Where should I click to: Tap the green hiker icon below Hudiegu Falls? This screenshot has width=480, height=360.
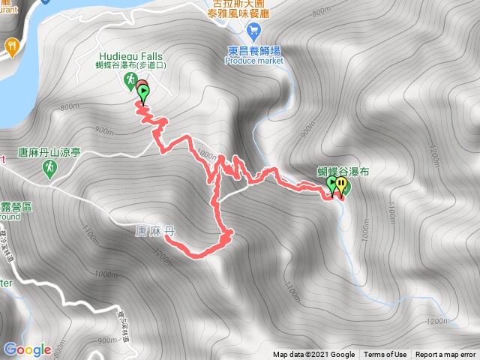[x=130, y=79]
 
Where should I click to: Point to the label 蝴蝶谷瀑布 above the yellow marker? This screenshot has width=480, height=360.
[x=343, y=171]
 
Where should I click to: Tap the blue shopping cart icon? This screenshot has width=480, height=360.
[x=253, y=31]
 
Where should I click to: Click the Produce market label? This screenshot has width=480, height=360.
[x=253, y=62]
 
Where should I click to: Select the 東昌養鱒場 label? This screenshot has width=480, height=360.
[x=253, y=51]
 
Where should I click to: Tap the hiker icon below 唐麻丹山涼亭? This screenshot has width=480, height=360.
[x=49, y=170]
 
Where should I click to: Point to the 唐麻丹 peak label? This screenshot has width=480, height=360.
[x=155, y=231]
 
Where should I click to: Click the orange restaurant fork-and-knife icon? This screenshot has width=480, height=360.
[x=12, y=47]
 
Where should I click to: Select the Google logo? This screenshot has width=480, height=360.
[x=28, y=349]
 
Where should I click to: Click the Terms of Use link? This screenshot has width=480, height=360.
[x=385, y=355]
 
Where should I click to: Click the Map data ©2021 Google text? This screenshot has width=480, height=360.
[x=313, y=355]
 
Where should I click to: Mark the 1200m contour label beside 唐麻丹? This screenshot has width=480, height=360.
[x=166, y=259]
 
